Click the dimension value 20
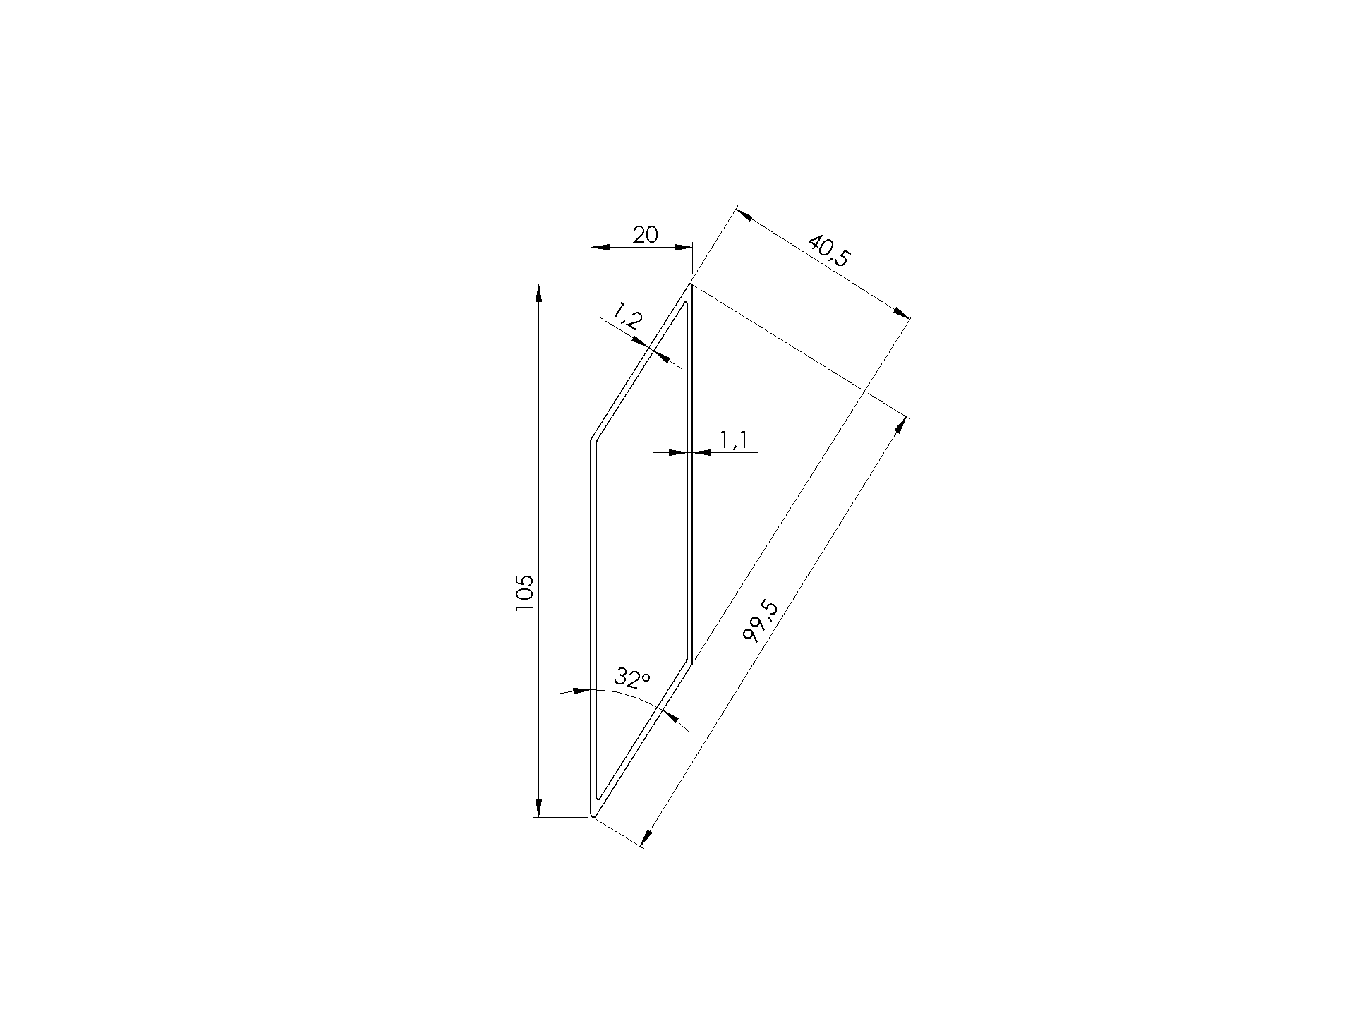pyautogui.click(x=645, y=234)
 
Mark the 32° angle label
pyautogui.click(x=631, y=678)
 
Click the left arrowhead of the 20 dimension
pyautogui.click(x=599, y=247)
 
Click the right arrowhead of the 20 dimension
pyautogui.click(x=683, y=247)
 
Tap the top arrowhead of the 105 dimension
pyautogui.click(x=538, y=293)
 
